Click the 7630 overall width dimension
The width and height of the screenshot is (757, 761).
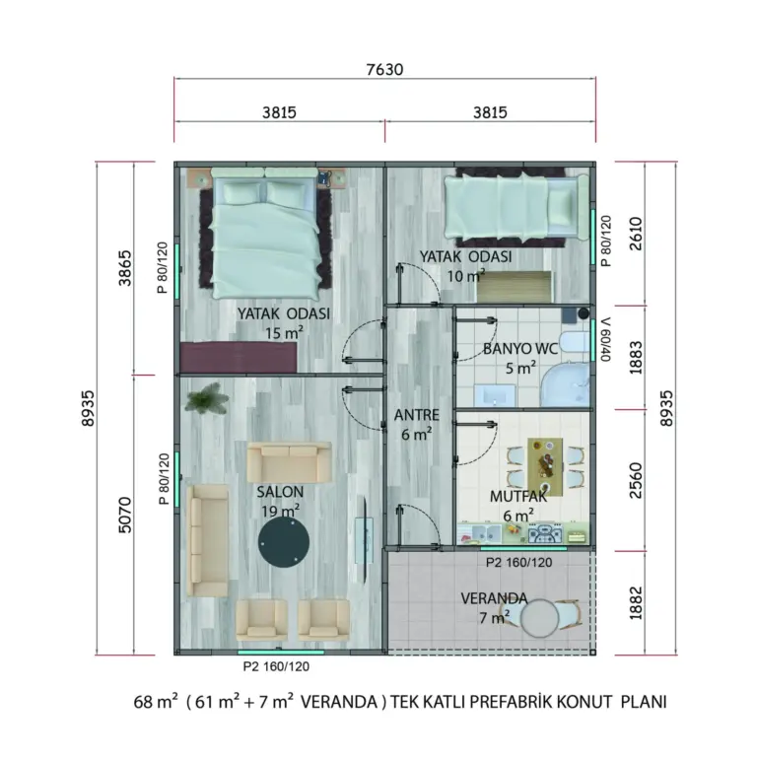pyautogui.click(x=384, y=69)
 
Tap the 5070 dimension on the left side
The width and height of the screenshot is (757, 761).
pyautogui.click(x=125, y=515)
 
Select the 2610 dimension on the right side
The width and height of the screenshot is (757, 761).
pyautogui.click(x=635, y=234)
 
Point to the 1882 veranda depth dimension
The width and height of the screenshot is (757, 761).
pyautogui.click(x=635, y=602)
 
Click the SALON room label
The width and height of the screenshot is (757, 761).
pyautogui.click(x=280, y=492)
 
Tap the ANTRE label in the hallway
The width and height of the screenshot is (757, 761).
pyautogui.click(x=416, y=415)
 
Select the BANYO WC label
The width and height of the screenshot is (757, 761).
pyautogui.click(x=520, y=349)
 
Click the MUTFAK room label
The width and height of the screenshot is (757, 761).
pyautogui.click(x=518, y=497)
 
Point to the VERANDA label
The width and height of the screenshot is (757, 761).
pyautogui.click(x=494, y=598)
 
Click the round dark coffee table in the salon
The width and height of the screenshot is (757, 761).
pyautogui.click(x=284, y=542)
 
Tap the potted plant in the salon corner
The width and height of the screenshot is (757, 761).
pyautogui.click(x=207, y=399)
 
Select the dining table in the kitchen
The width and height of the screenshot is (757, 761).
pyautogui.click(x=545, y=467)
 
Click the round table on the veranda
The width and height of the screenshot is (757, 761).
pyautogui.click(x=539, y=618)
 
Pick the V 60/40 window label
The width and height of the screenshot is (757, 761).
pyautogui.click(x=605, y=339)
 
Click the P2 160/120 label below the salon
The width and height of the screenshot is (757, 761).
pyautogui.click(x=276, y=666)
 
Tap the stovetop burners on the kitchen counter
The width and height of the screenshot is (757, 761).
pyautogui.click(x=545, y=534)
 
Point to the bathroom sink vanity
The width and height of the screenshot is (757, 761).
pyautogui.click(x=495, y=395)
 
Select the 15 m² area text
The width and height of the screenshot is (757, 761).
pyautogui.click(x=284, y=333)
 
